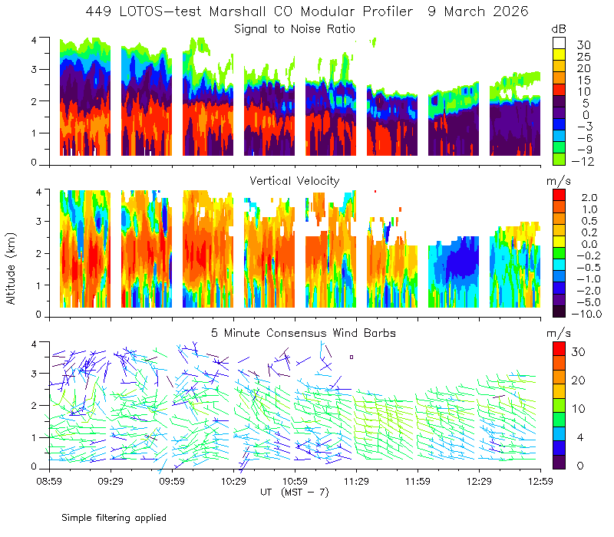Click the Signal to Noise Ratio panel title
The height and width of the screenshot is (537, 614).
pos(295,29)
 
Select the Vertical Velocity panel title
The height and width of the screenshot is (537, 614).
pos(295,181)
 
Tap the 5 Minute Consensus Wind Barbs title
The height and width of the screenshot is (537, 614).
pos(303,333)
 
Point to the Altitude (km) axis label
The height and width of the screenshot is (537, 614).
pos(11,268)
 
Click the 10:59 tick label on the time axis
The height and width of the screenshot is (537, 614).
pos(295,481)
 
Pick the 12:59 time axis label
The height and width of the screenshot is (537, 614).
pos(541,481)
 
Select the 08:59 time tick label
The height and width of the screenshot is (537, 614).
pos(49,481)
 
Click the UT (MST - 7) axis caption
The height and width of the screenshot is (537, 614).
pos(295,493)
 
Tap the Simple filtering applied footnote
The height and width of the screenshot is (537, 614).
pos(114,518)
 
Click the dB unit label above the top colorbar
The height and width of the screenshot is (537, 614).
pos(559,29)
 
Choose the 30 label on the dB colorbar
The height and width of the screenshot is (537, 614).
pos(583,45)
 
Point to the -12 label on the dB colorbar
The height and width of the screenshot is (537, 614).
pos(583,161)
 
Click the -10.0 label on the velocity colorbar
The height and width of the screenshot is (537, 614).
pos(586,314)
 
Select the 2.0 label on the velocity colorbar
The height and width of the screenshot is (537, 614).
pos(589,197)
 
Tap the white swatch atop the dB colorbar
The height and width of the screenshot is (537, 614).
pos(560,43)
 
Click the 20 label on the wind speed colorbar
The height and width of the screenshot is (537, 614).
pos(579,380)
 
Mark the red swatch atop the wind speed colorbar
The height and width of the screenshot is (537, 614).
pos(560,349)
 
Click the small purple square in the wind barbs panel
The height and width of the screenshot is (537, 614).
pos(352,357)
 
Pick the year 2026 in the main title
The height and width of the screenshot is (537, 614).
pos(510,12)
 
